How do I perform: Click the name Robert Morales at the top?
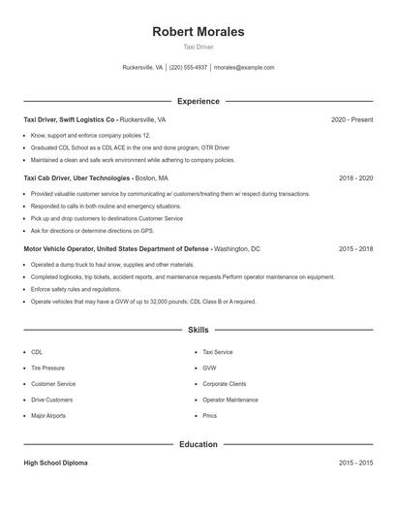click(198, 32)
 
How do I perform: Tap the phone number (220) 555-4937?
click(189, 68)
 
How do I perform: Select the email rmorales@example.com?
click(244, 68)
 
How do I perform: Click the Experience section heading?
click(198, 101)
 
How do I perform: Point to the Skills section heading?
click(198, 330)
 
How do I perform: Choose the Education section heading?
click(198, 444)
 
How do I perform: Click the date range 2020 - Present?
click(351, 119)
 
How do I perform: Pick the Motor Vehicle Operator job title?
click(116, 249)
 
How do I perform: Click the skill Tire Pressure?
click(48, 369)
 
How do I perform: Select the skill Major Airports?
click(49, 415)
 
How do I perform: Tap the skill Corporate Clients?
click(225, 384)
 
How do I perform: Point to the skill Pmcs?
click(209, 415)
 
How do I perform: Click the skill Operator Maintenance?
click(230, 400)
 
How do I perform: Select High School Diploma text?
click(57, 464)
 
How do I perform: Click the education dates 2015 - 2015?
click(355, 464)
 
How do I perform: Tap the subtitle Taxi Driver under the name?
click(198, 47)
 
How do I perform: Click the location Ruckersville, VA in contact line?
click(142, 68)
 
